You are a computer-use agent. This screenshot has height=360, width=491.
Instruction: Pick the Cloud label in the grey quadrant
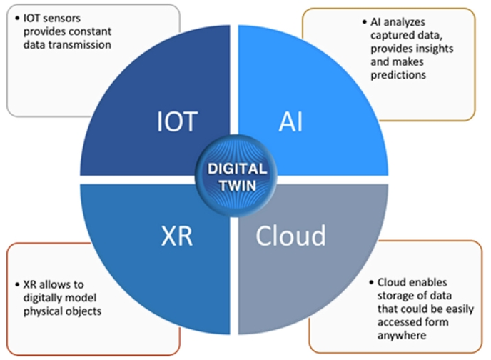click(x=291, y=235)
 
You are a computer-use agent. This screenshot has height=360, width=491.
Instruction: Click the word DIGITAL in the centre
click(x=238, y=169)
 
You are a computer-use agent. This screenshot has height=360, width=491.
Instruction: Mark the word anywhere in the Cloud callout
click(x=397, y=334)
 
